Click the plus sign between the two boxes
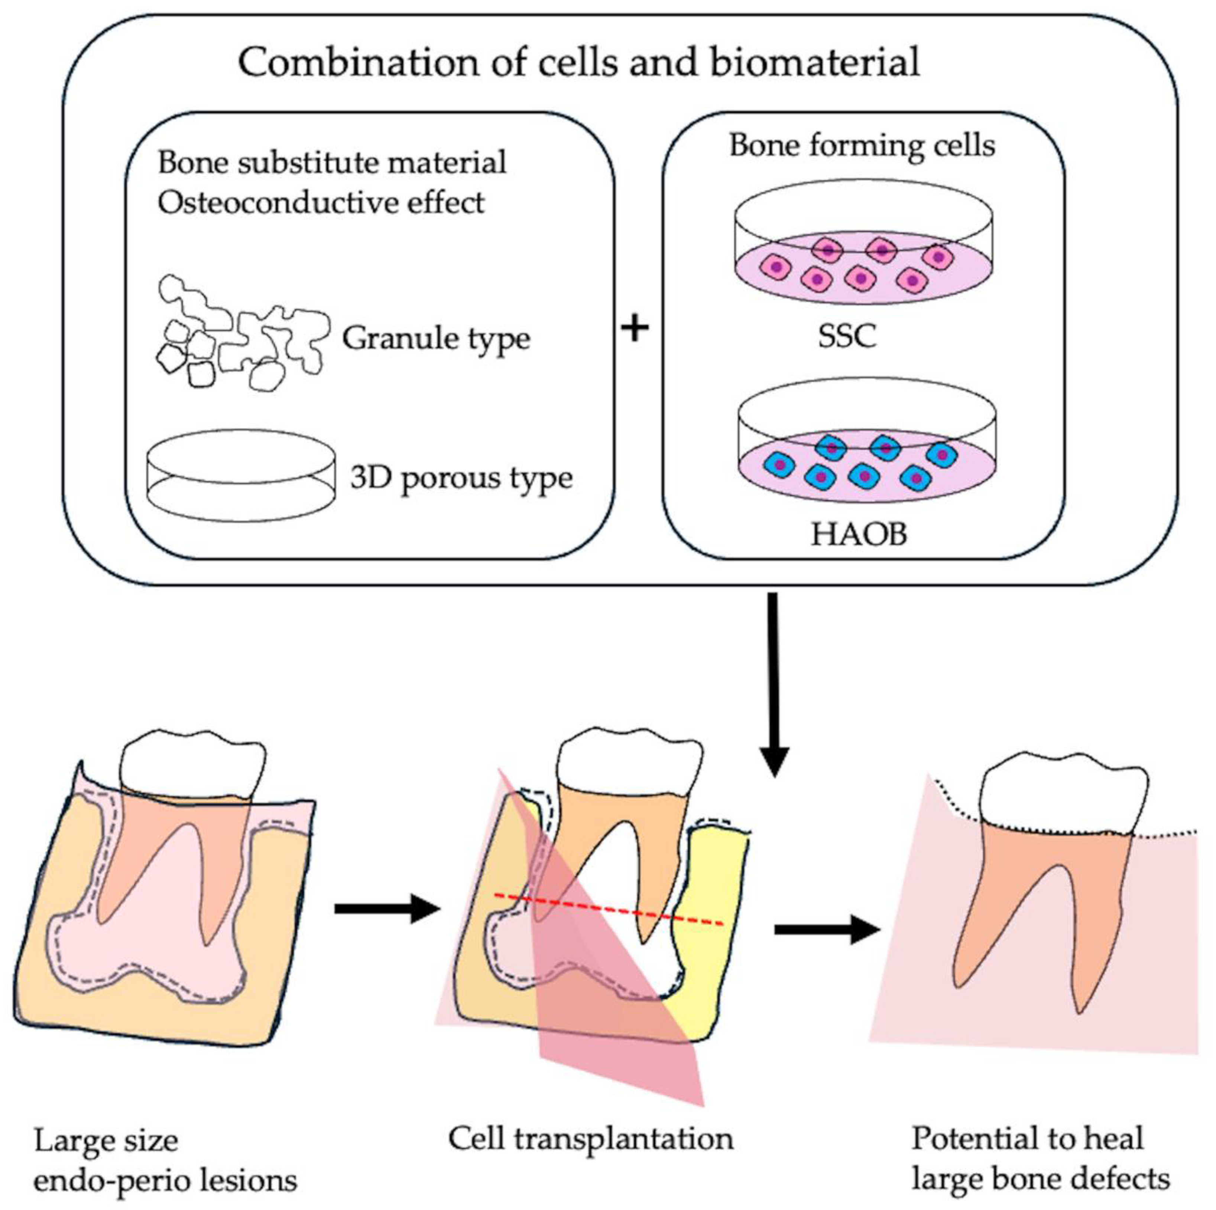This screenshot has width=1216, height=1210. (635, 329)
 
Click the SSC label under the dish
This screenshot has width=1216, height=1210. (847, 336)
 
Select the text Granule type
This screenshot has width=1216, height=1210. (435, 339)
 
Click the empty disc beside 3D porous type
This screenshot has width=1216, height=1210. (241, 475)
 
